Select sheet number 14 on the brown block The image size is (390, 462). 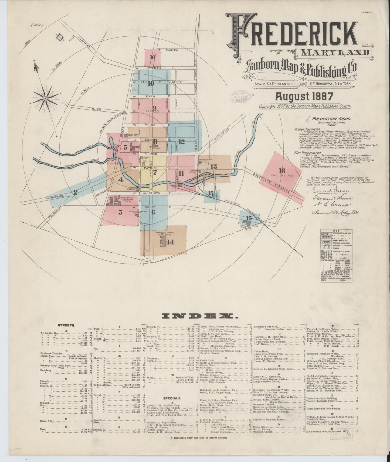click(170, 242)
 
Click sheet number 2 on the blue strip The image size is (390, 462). click(76, 192)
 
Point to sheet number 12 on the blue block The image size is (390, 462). click(181, 141)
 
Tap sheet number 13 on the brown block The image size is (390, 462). click(213, 167)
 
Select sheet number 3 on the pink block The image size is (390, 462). click(120, 212)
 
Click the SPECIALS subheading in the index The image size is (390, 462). click(172, 398)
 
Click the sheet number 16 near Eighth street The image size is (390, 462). click(152, 57)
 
